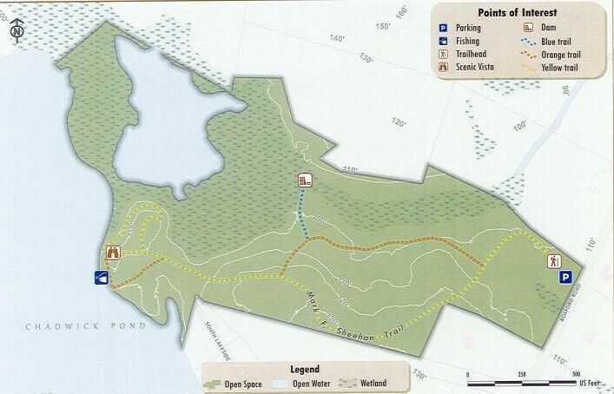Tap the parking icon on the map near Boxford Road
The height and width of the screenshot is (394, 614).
click(564, 278)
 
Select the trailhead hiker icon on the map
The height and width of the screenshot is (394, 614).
click(553, 259)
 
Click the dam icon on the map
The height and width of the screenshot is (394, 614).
click(304, 181)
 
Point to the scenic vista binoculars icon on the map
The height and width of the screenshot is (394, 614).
click(112, 253)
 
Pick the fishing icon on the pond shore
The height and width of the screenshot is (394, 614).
click(102, 278)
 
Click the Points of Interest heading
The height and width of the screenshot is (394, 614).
click(518, 12)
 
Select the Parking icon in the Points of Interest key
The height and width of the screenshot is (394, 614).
click(443, 28)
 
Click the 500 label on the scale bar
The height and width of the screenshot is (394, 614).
click(576, 374)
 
